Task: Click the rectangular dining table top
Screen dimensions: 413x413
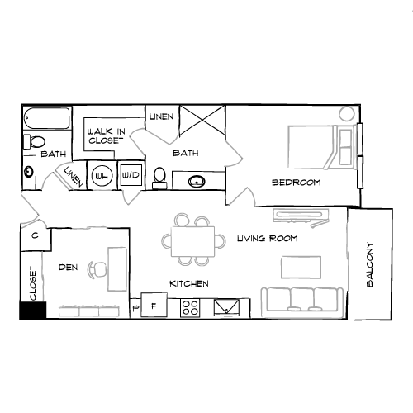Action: pyautogui.click(x=192, y=241)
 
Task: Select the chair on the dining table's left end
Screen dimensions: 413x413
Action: pyautogui.click(x=166, y=241)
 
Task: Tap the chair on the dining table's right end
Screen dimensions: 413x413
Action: pyautogui.click(x=221, y=241)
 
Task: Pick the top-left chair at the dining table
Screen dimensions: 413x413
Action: pyautogui.click(x=182, y=221)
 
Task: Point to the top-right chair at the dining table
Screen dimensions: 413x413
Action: pyautogui.click(x=202, y=221)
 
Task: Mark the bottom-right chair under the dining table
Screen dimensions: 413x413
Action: pyautogui.click(x=202, y=261)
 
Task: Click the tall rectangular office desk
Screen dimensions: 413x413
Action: pyautogui.click(x=117, y=268)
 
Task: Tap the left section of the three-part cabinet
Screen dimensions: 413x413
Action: pyautogui.click(x=69, y=311)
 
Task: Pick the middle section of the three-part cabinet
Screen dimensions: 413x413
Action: pyautogui.click(x=89, y=311)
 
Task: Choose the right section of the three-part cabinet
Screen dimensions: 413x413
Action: pyautogui.click(x=109, y=311)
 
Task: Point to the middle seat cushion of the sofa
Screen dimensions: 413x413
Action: pyautogui.click(x=301, y=299)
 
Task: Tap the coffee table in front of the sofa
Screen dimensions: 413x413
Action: pyautogui.click(x=301, y=267)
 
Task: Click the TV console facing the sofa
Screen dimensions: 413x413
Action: pyautogui.click(x=301, y=216)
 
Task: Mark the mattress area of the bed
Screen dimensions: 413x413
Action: pyautogui.click(x=309, y=147)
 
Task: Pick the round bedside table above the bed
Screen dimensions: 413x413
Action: pyautogui.click(x=347, y=114)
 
